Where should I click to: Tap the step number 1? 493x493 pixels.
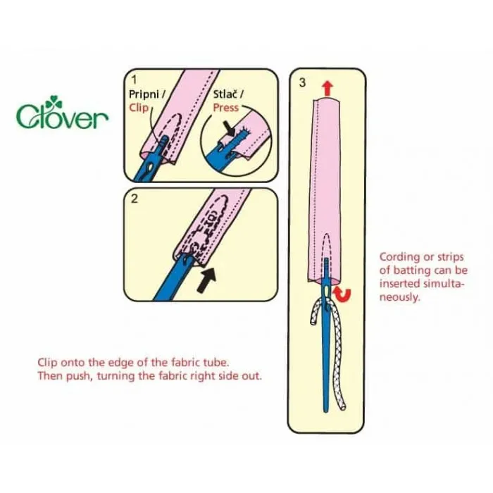135,80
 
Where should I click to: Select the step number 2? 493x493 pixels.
135,199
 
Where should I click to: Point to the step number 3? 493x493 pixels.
302,82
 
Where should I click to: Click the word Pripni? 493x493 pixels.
144,94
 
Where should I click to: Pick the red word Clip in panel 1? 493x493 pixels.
139,108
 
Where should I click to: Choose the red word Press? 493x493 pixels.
226,108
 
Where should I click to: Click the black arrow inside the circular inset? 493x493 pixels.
230,128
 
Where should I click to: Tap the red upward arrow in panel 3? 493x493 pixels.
327,88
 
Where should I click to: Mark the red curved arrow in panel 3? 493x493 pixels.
342,294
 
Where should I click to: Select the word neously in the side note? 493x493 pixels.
399,297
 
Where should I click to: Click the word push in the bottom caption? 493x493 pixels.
77,376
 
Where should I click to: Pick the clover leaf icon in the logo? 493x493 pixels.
54,102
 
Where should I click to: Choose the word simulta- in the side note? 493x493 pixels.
444,284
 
